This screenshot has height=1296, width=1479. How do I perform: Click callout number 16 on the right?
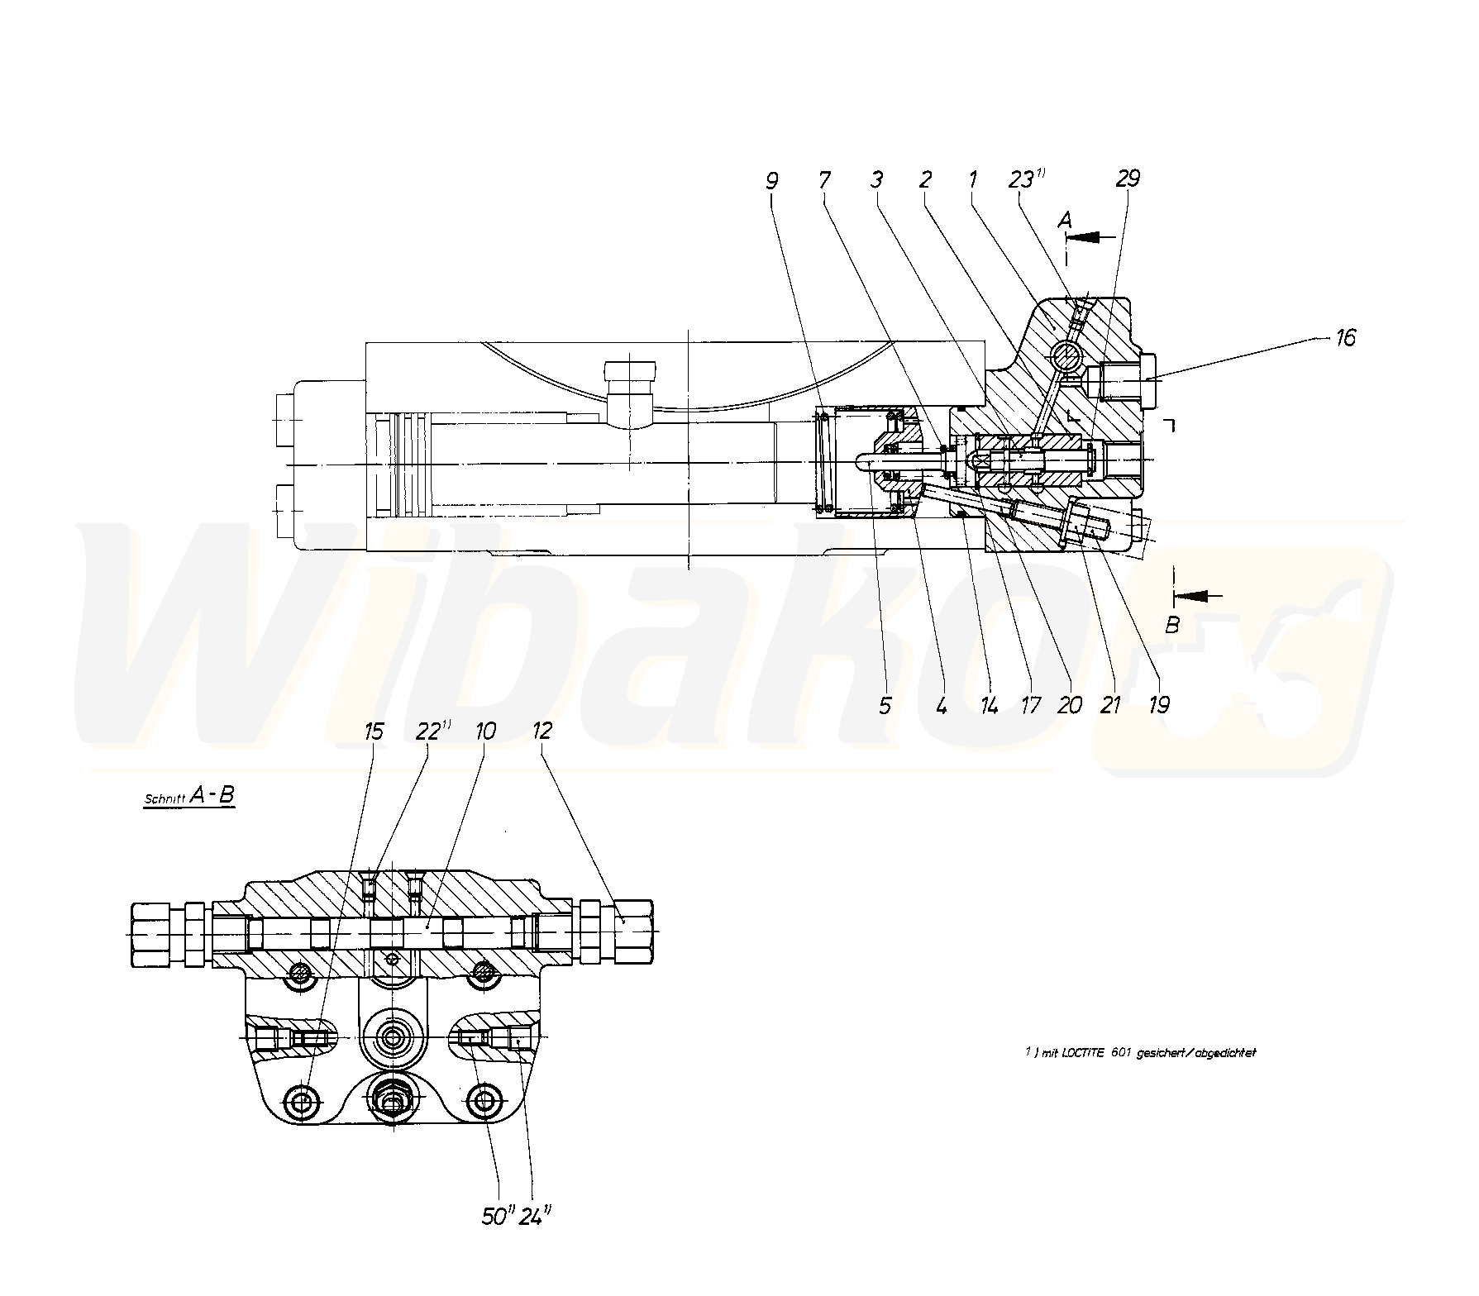[1345, 337]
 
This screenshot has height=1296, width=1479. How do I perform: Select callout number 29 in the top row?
[1127, 179]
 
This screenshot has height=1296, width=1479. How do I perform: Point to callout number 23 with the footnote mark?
[1022, 179]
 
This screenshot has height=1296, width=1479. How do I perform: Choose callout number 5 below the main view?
[885, 704]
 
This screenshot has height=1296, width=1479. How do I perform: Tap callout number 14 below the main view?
[988, 704]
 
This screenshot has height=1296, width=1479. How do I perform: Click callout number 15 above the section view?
[374, 731]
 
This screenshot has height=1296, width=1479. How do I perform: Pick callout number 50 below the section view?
[494, 1217]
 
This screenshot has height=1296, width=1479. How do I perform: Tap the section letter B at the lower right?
[1171, 626]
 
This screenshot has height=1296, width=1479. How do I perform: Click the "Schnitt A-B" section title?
[189, 797]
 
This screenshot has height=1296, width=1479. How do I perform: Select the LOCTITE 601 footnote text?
[1140, 1053]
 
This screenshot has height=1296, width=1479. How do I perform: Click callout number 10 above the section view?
[485, 731]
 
